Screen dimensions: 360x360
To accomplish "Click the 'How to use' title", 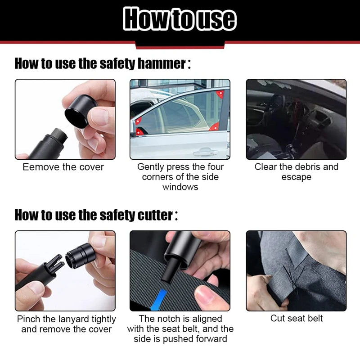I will coord(180,19).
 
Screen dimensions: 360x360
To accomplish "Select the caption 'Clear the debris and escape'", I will coord(296,172).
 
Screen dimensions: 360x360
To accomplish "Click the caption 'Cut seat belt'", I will coord(296,319).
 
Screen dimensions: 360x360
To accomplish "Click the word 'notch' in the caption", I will coord(166,319).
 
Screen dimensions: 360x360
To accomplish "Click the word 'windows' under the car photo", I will coord(180,187).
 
